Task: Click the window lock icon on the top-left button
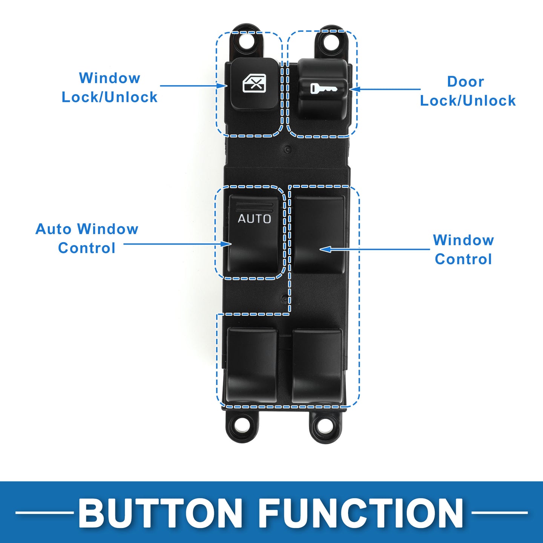point(254,83)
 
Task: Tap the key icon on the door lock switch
point(323,89)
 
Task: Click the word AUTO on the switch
point(254,218)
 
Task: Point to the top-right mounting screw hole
point(331,41)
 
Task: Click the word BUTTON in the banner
point(160,514)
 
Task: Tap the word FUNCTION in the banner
point(361,514)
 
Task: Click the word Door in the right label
point(465,81)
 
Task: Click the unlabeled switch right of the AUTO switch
point(319,234)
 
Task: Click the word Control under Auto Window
point(87,248)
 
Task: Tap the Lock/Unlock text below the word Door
point(468,101)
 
